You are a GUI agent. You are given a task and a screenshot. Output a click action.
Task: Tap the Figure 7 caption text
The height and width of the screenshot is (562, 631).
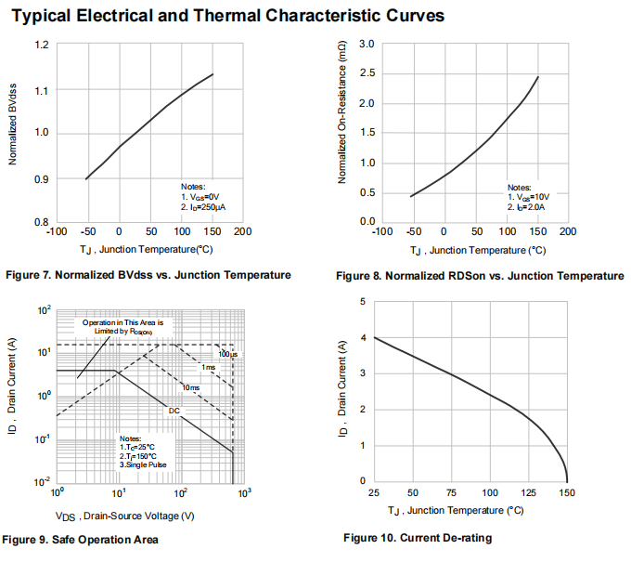point(148,275)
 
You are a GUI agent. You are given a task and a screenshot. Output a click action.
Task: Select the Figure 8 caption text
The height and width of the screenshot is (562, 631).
point(479,276)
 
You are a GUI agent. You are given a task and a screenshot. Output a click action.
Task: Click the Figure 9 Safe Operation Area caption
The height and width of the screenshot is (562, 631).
point(81,540)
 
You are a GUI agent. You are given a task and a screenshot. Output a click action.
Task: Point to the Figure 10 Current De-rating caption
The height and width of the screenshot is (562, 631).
point(418,539)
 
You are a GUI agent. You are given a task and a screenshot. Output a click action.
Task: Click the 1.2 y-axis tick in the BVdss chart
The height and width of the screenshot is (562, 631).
point(42,46)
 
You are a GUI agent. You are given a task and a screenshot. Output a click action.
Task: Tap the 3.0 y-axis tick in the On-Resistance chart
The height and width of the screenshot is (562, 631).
point(366,45)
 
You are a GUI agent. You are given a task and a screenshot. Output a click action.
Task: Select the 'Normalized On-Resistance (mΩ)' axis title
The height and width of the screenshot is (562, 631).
point(341,118)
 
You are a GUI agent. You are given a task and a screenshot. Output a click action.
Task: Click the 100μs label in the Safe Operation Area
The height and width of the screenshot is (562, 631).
point(227,355)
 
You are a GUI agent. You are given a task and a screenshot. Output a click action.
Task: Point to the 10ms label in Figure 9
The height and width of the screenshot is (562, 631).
point(190,386)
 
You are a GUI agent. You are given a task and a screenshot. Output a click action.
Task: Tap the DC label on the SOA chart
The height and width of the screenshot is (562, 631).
point(174,410)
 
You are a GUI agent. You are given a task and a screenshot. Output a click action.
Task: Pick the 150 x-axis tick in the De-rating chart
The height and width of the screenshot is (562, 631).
point(567,492)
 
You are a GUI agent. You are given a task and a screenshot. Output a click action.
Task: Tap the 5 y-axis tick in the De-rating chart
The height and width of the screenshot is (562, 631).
point(364,302)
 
